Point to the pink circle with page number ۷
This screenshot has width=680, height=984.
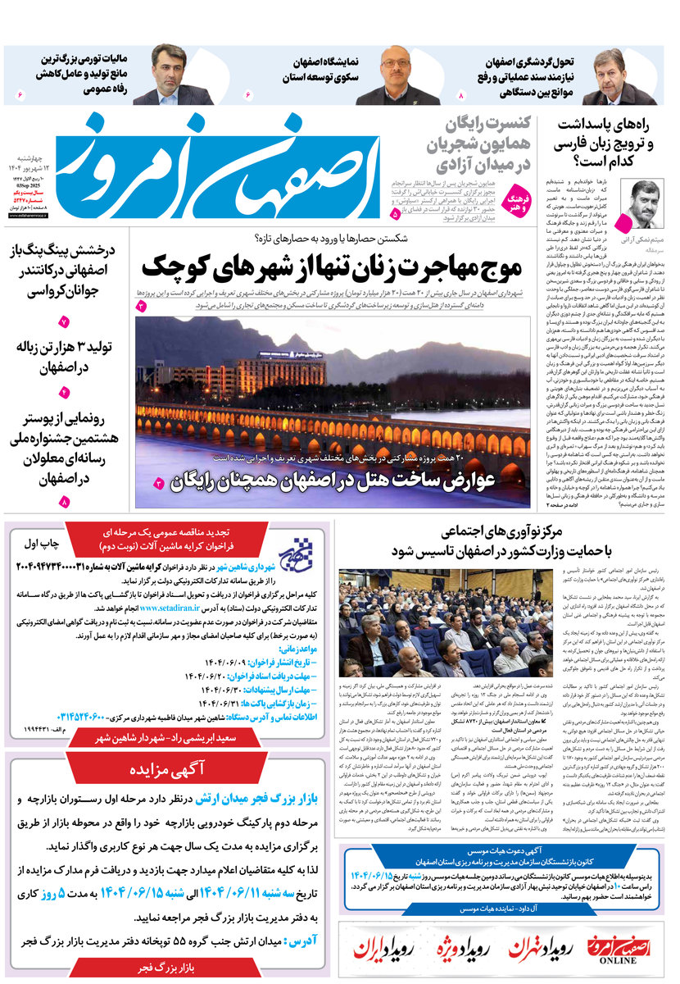point(64,322)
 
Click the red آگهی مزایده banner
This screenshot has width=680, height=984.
point(167,770)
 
